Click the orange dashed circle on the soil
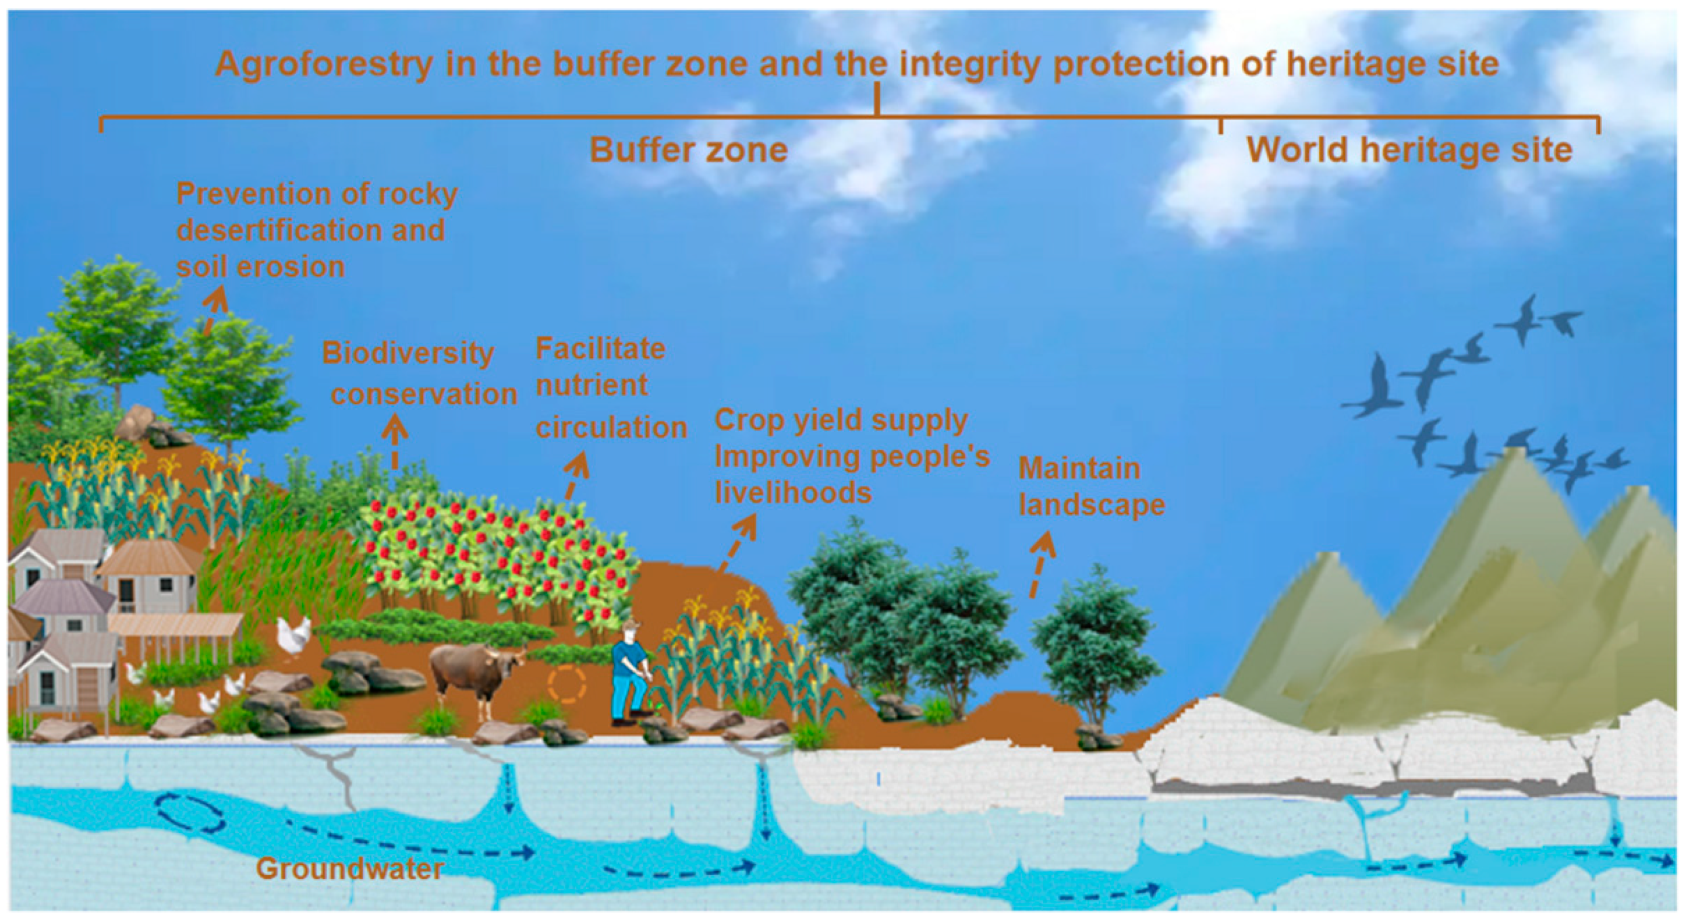tap(567, 685)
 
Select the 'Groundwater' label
tap(350, 869)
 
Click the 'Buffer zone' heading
tap(689, 150)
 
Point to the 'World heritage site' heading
tap(1409, 150)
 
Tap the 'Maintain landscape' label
tap(1092, 487)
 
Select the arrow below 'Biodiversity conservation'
tap(394, 444)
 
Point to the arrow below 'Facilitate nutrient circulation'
tap(575, 477)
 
